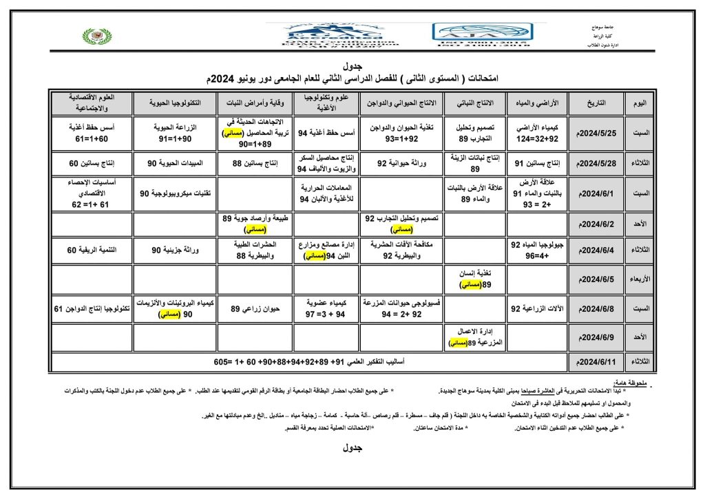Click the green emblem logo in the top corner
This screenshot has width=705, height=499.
point(96,36)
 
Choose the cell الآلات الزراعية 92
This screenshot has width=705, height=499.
point(538,309)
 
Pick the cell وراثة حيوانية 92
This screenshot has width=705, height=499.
point(402,163)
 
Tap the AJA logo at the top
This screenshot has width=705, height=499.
point(481,33)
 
